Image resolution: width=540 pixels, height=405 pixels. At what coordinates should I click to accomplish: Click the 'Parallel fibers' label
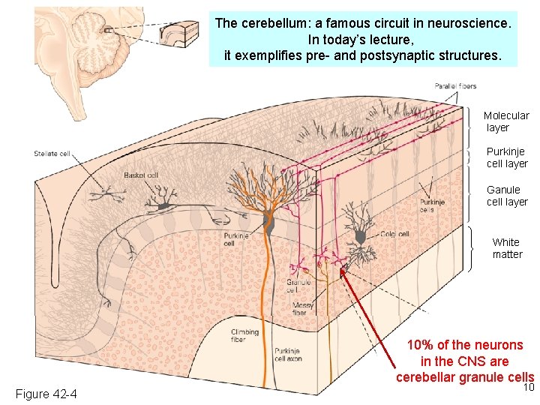point(455,86)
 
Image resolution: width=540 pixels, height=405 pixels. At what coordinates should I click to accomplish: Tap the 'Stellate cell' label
point(52,154)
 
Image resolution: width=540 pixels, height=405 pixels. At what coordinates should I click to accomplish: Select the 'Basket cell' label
point(141,175)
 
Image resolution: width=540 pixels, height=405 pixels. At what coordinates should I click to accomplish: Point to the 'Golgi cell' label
point(394,234)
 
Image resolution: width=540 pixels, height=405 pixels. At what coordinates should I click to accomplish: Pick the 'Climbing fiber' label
point(244,335)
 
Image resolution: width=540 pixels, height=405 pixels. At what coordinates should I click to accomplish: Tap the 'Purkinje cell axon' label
point(288,355)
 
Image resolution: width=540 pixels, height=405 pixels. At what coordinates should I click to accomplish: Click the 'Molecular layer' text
point(506,121)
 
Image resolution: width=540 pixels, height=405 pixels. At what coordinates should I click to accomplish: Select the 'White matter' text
point(507,248)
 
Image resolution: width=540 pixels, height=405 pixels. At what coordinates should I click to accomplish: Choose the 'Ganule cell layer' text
point(507,196)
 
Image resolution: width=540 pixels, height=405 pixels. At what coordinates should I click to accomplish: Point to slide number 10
point(528,388)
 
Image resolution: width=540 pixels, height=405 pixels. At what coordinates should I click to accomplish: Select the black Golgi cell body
point(361,237)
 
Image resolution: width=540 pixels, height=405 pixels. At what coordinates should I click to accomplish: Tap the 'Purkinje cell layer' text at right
point(507,157)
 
